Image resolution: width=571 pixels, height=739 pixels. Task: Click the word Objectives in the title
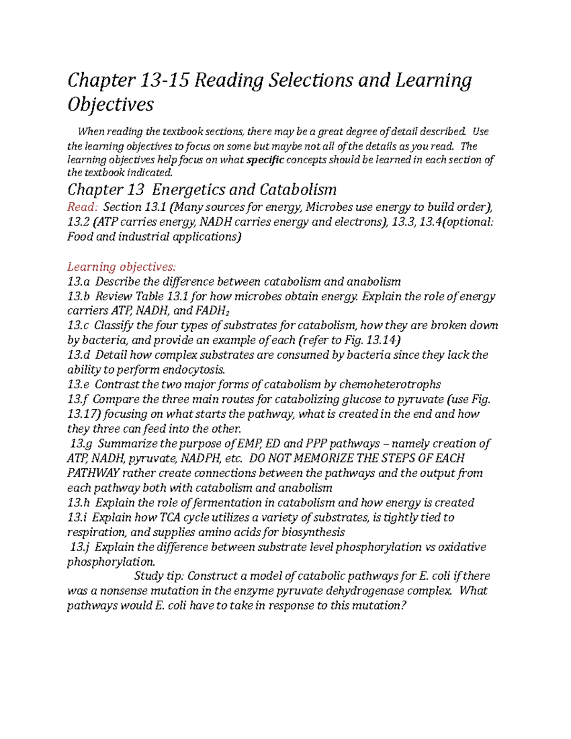(110, 104)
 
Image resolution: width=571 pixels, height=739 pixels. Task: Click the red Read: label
(83, 207)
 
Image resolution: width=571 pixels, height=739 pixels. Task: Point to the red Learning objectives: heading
(121, 266)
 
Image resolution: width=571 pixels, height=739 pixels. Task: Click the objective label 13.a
(79, 282)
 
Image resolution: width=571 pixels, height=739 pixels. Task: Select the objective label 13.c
(78, 325)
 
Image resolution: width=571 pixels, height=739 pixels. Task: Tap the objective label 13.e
(79, 384)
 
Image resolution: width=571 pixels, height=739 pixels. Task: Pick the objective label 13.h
(79, 503)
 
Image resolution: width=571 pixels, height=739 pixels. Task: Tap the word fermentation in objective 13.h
(225, 503)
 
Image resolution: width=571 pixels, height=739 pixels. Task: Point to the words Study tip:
(159, 576)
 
